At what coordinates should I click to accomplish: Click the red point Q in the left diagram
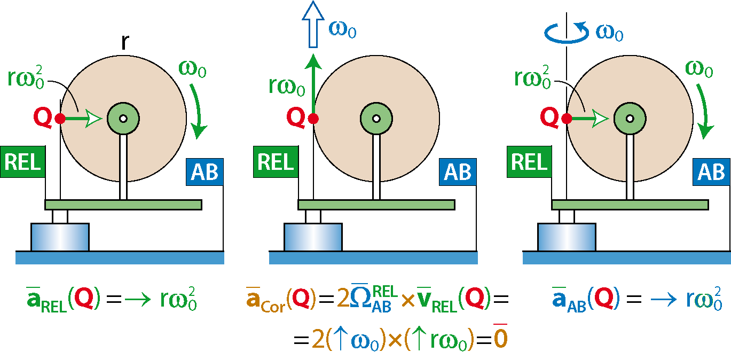pos(60,119)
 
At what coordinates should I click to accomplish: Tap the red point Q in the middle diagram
pos(313,119)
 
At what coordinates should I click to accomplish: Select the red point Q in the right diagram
pos(567,119)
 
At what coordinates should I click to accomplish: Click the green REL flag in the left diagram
pos(23,162)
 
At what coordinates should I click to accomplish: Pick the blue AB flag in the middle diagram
pos(458,172)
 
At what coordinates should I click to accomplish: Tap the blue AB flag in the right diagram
pos(711,172)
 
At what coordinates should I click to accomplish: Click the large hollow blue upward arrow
pos(313,25)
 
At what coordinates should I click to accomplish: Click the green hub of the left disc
pos(123,119)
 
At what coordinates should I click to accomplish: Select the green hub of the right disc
pos(630,119)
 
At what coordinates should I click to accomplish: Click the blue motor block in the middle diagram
pos(313,237)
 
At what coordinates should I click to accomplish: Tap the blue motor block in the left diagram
pos(60,237)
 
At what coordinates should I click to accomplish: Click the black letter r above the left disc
pos(125,42)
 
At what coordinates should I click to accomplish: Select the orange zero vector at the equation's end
pos(501,336)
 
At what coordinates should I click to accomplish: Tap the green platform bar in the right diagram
pos(630,205)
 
